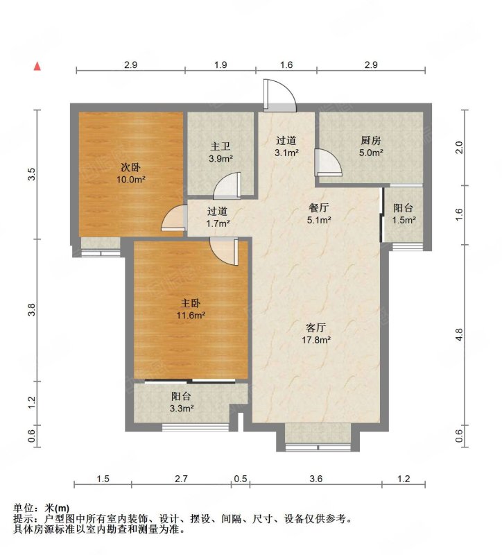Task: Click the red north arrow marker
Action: tap(37, 67)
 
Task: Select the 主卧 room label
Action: tap(191, 303)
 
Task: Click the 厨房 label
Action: tap(371, 141)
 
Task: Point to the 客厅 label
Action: tap(316, 327)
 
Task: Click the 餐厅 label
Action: tap(319, 207)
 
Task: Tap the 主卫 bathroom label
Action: tap(220, 146)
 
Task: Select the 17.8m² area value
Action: tap(316, 340)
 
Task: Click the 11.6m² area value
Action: tap(191, 315)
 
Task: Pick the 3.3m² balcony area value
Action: tap(182, 409)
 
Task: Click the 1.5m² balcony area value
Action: tap(404, 220)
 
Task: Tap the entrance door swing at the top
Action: tap(280, 95)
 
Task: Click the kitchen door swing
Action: tap(329, 162)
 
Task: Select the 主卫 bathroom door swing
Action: tap(227, 185)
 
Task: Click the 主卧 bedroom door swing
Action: tap(224, 251)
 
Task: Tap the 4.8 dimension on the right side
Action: tap(459, 334)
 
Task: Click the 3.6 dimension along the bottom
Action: tap(316, 479)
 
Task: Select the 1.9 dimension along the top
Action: tap(220, 65)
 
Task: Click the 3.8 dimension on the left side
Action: tap(32, 309)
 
